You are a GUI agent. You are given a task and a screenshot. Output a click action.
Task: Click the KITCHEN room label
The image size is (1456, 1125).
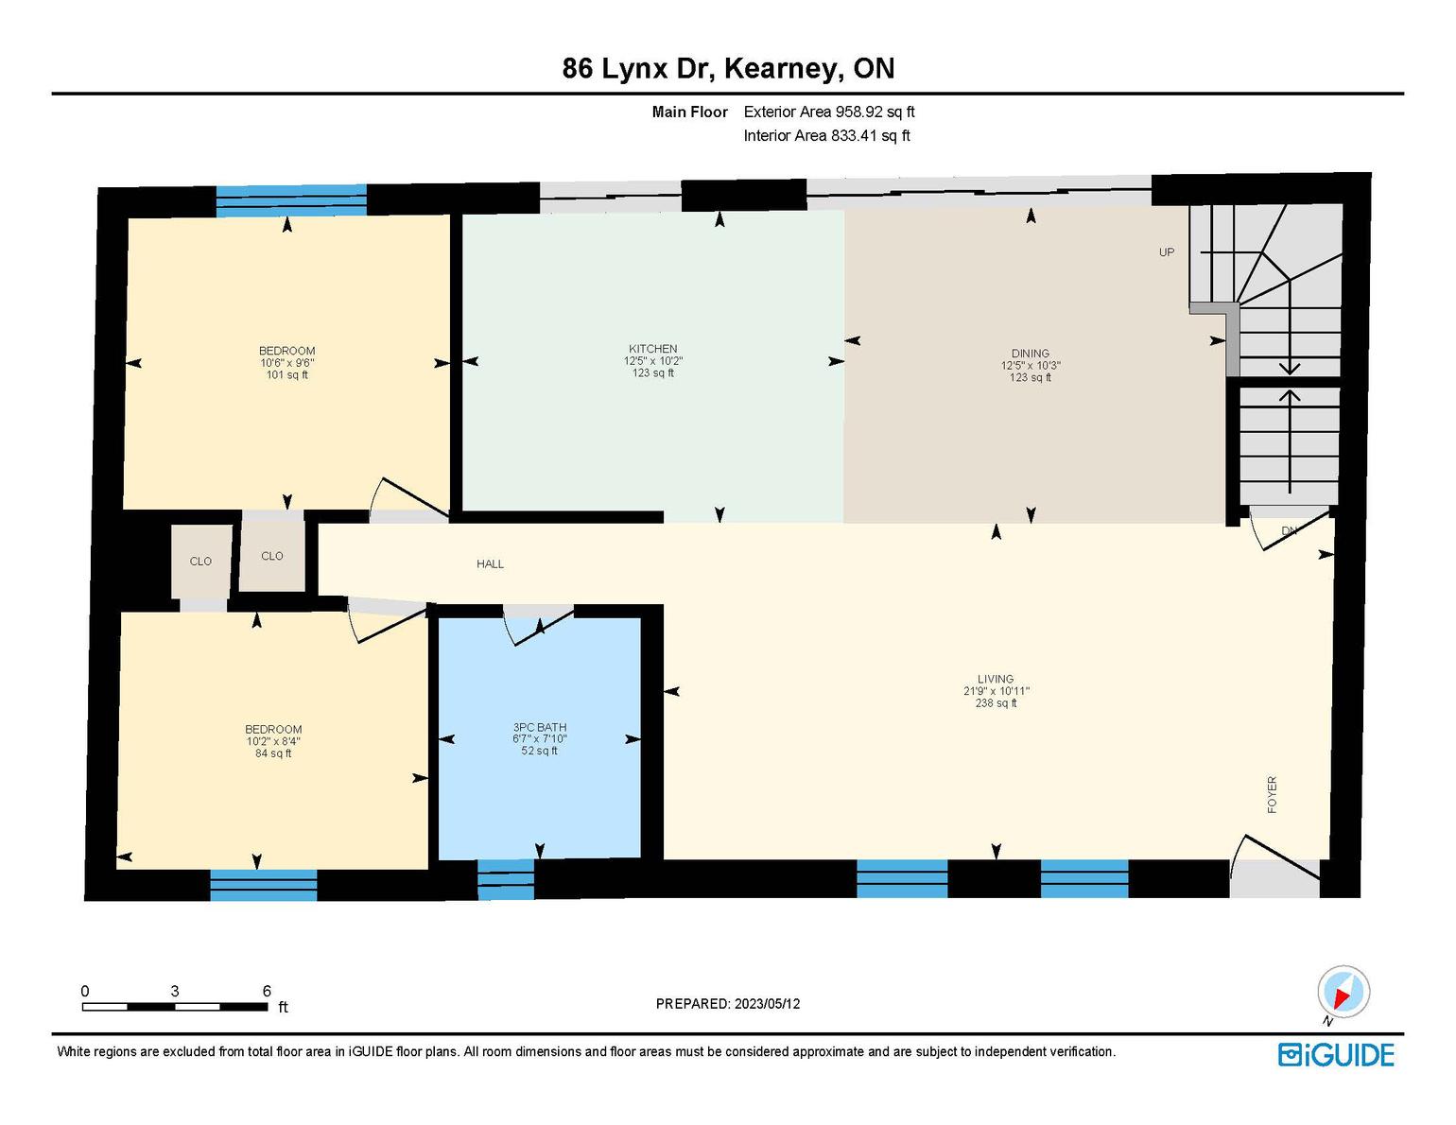point(652,349)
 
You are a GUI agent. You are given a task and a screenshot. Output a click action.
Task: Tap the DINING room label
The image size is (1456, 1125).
point(1030,354)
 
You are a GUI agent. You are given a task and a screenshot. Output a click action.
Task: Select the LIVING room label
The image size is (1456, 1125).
point(995,679)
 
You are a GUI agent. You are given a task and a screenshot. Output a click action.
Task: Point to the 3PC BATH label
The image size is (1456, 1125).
point(540,727)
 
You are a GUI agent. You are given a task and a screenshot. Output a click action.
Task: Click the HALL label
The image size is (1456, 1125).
point(490,564)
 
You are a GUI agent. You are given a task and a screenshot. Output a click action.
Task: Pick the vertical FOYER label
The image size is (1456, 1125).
point(1272,795)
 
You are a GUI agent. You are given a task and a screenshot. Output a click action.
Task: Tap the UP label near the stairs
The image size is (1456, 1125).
point(1167,251)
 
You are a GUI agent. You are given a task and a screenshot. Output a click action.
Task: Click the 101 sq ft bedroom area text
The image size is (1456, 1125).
point(286,374)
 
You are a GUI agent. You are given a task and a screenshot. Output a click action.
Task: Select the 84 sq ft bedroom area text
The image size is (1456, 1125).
point(273,753)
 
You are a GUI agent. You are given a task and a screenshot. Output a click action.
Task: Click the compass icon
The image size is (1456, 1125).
point(1343,993)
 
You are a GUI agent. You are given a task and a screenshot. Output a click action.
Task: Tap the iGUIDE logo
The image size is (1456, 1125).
point(1336,1055)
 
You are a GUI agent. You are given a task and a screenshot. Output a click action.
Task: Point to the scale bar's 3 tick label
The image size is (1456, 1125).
point(175,991)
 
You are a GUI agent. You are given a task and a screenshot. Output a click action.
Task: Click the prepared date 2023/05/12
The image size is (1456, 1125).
point(767,1004)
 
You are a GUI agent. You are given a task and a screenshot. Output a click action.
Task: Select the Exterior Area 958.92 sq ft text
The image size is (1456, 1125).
point(829,112)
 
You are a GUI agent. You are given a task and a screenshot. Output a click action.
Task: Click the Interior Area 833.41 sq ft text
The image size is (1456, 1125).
point(827,135)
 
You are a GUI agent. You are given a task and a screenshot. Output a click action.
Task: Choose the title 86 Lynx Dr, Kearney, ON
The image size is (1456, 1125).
point(728,68)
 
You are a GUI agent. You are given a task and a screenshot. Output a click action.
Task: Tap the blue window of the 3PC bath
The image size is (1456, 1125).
point(506,880)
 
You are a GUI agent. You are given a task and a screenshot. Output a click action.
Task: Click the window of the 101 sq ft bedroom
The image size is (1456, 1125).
point(291,200)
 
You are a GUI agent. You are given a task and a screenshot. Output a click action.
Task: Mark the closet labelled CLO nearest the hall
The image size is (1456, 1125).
point(271,556)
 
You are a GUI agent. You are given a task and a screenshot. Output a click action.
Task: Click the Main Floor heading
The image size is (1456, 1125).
point(689,112)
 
